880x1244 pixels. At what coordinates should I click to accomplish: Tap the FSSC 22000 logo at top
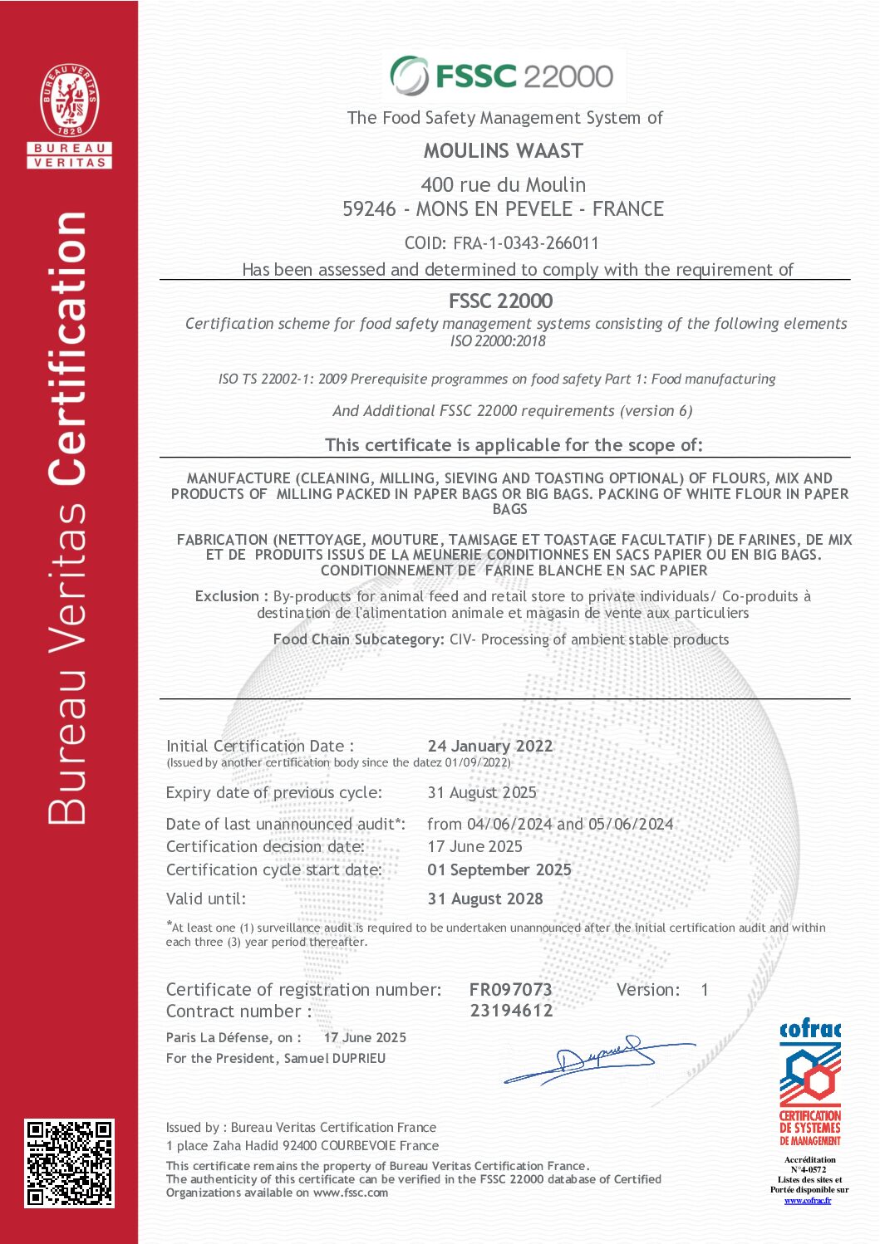click(x=503, y=76)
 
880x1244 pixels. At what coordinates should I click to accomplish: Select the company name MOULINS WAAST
click(x=504, y=151)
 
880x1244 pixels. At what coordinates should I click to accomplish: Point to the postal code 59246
click(x=369, y=209)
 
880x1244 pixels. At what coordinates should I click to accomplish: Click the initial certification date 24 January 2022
click(x=489, y=746)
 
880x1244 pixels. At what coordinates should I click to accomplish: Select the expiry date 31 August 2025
click(x=482, y=792)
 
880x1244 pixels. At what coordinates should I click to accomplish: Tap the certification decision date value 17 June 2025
click(x=474, y=846)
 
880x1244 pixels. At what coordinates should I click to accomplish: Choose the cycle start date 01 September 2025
click(x=499, y=869)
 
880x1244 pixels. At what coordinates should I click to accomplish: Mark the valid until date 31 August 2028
click(x=485, y=899)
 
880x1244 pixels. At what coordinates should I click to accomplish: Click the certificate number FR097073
click(x=510, y=989)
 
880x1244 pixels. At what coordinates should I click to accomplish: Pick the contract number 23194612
click(x=511, y=1011)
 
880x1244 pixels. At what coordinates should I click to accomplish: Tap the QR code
click(x=69, y=1163)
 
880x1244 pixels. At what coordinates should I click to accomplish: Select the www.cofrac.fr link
click(x=808, y=1200)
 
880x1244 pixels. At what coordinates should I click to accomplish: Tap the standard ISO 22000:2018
click(x=498, y=340)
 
